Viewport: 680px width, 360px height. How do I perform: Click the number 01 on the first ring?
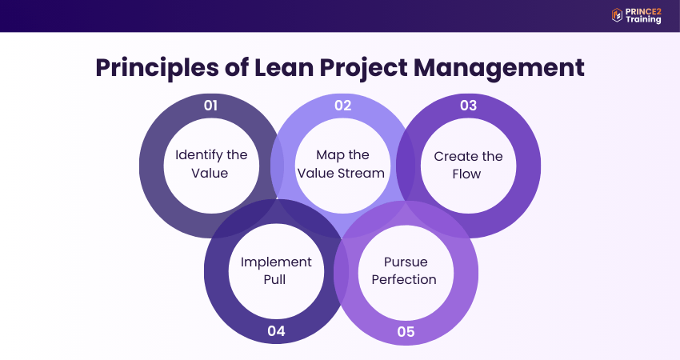tap(211, 106)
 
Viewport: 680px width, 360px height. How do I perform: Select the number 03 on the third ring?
tap(468, 106)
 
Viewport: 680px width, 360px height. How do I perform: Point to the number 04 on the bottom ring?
tap(277, 331)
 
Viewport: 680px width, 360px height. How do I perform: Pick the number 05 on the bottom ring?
tap(406, 331)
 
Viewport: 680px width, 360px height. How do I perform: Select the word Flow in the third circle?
tap(468, 174)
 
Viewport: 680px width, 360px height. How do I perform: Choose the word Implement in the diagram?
tap(277, 262)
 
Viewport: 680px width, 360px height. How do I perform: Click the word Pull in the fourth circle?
tap(277, 280)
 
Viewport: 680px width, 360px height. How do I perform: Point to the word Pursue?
tap(405, 262)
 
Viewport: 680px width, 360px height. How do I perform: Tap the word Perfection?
tap(405, 280)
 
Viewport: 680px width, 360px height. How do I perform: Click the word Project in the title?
tap(377, 68)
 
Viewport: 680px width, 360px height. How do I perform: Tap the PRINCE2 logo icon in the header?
tap(617, 15)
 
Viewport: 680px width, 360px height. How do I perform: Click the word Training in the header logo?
tap(645, 19)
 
